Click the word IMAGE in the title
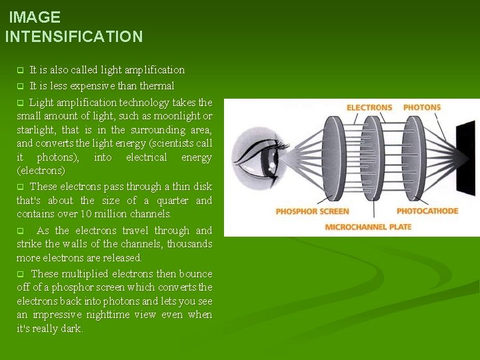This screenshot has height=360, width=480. pos(35,17)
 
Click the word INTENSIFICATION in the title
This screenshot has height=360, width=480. pos(74,37)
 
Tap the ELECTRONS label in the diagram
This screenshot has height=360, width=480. pos(369,108)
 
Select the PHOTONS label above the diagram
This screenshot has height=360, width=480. pos(422,107)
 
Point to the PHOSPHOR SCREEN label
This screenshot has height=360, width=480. pos(313,211)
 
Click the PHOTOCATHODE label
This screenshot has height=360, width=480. pos(427,211)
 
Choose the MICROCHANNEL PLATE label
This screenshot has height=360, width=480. pos(368,227)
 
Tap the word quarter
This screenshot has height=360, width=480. pos(173,201)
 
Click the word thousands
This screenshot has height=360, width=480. pos(190,244)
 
